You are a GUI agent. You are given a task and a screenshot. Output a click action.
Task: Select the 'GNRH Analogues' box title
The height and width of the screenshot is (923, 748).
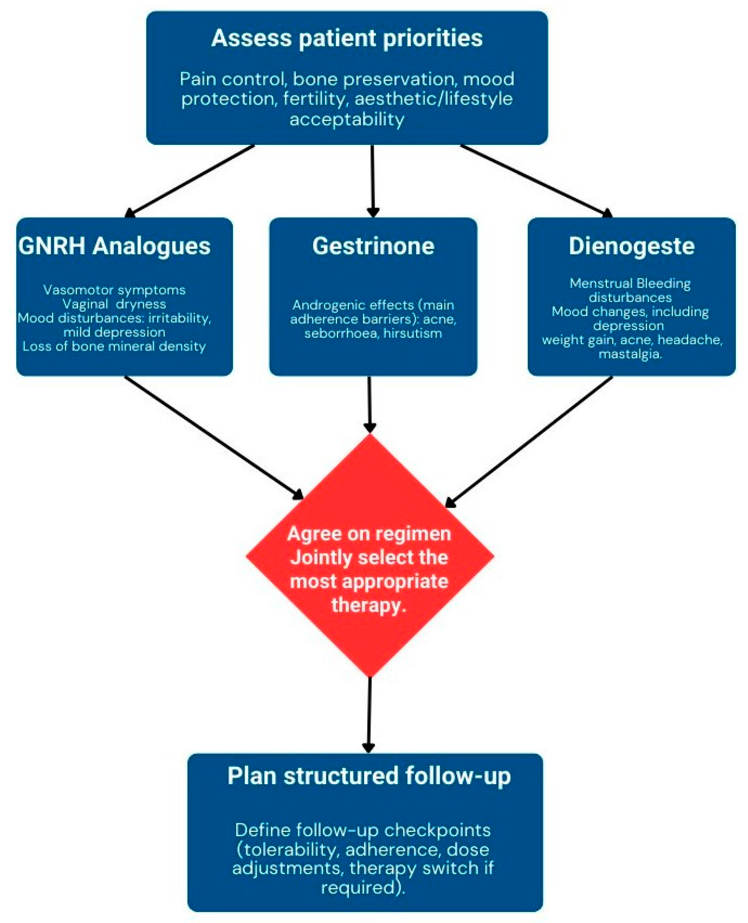click(114, 246)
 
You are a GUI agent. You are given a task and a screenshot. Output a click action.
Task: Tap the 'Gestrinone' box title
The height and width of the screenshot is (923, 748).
click(373, 246)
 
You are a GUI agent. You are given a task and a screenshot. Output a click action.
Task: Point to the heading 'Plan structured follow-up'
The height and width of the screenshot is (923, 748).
click(369, 776)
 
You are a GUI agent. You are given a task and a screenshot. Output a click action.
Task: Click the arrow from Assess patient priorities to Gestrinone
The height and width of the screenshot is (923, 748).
click(373, 181)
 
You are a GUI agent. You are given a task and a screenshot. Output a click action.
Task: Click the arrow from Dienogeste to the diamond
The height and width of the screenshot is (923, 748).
click(530, 442)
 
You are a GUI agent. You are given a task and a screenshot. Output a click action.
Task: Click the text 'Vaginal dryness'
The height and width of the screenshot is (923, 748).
click(114, 304)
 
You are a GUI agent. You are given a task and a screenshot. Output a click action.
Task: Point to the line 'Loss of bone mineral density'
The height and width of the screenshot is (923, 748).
click(114, 347)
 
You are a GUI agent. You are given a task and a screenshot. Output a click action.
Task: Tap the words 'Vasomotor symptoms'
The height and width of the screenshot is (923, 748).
click(114, 290)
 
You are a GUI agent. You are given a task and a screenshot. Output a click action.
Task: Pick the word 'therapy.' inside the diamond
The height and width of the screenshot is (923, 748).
click(369, 605)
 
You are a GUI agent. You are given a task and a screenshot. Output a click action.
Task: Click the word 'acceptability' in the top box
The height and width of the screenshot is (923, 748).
click(347, 119)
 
